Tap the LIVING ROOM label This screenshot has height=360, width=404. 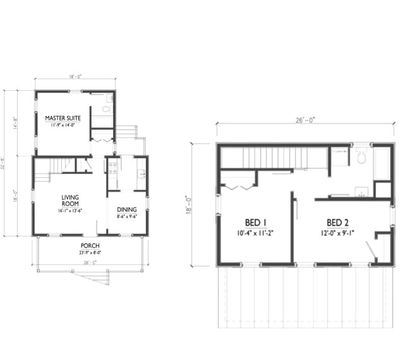pos(70,200)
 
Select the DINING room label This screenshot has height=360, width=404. pos(126,210)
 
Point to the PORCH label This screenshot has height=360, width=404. pos(90,245)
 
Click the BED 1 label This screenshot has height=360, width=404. pos(255,223)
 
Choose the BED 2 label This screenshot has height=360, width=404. pos(339,223)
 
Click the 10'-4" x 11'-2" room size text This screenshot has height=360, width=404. pos(255,233)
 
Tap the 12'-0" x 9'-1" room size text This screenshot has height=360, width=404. pos(339,233)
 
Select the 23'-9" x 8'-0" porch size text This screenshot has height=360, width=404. pos(90,252)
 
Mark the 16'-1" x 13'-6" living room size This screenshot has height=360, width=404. pos(70,211)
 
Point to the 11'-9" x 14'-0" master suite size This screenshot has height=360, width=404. pos(62,125)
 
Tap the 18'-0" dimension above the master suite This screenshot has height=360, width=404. pos(75,76)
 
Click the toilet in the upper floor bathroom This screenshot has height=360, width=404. pos(361,158)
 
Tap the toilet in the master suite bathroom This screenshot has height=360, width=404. pos(106,109)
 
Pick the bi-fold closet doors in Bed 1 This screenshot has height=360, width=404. pos(239,187)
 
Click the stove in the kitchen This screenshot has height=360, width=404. pos(113,168)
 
